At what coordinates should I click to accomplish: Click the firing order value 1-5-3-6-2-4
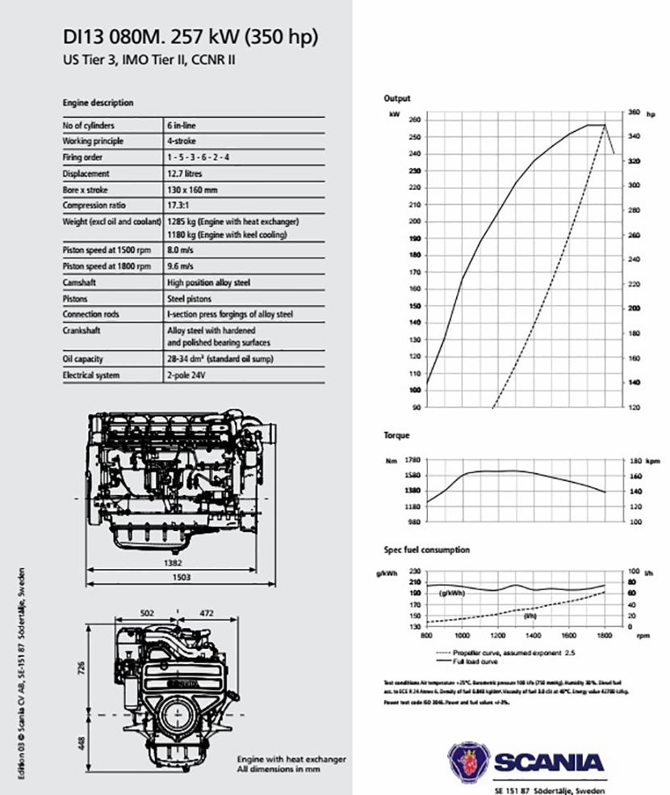[198, 157]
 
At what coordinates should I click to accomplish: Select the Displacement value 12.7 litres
[185, 174]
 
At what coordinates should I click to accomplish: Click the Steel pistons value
[191, 299]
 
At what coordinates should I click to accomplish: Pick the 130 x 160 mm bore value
[192, 190]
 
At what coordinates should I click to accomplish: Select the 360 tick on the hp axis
[634, 112]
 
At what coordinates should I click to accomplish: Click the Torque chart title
[396, 435]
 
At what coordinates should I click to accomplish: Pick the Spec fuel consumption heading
[426, 550]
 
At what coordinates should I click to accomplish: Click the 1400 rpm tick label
[533, 636]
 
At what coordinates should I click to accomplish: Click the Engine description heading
[98, 103]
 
